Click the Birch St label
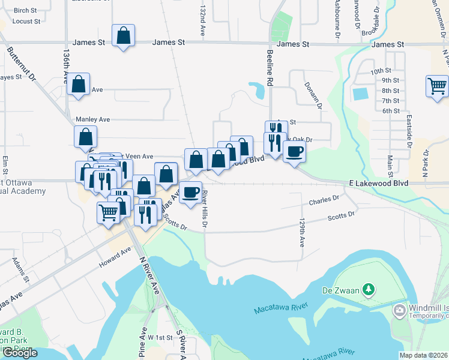(25, 11)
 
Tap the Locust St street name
(26, 22)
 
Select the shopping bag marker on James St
(123, 35)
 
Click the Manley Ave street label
(92, 119)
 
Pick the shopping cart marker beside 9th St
(437, 86)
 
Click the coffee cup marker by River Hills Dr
(191, 192)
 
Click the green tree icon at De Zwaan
(369, 291)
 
